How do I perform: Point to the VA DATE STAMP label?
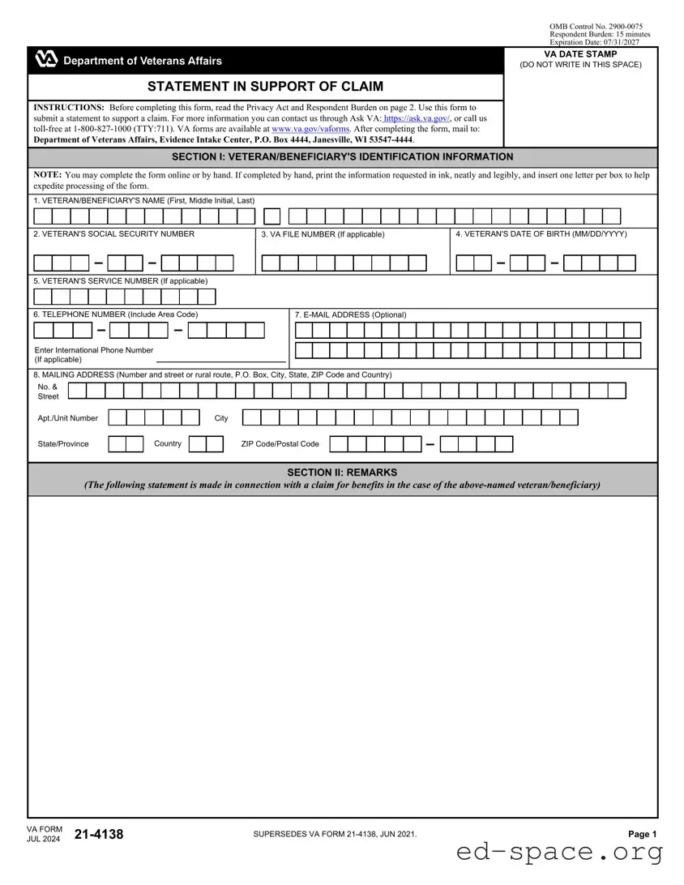[580, 54]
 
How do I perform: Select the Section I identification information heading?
[342, 157]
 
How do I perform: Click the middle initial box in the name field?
[272, 216]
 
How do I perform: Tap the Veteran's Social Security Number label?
[113, 234]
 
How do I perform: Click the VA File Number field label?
[323, 234]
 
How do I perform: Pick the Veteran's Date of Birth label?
[541, 234]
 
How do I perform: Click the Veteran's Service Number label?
[120, 280]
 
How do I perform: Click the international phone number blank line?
[220, 359]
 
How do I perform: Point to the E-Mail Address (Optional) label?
[350, 314]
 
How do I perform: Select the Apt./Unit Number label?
[67, 418]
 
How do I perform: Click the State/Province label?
[63, 444]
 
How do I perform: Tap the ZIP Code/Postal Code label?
[280, 444]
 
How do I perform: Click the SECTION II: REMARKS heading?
[342, 472]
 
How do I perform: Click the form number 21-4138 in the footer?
[99, 834]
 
